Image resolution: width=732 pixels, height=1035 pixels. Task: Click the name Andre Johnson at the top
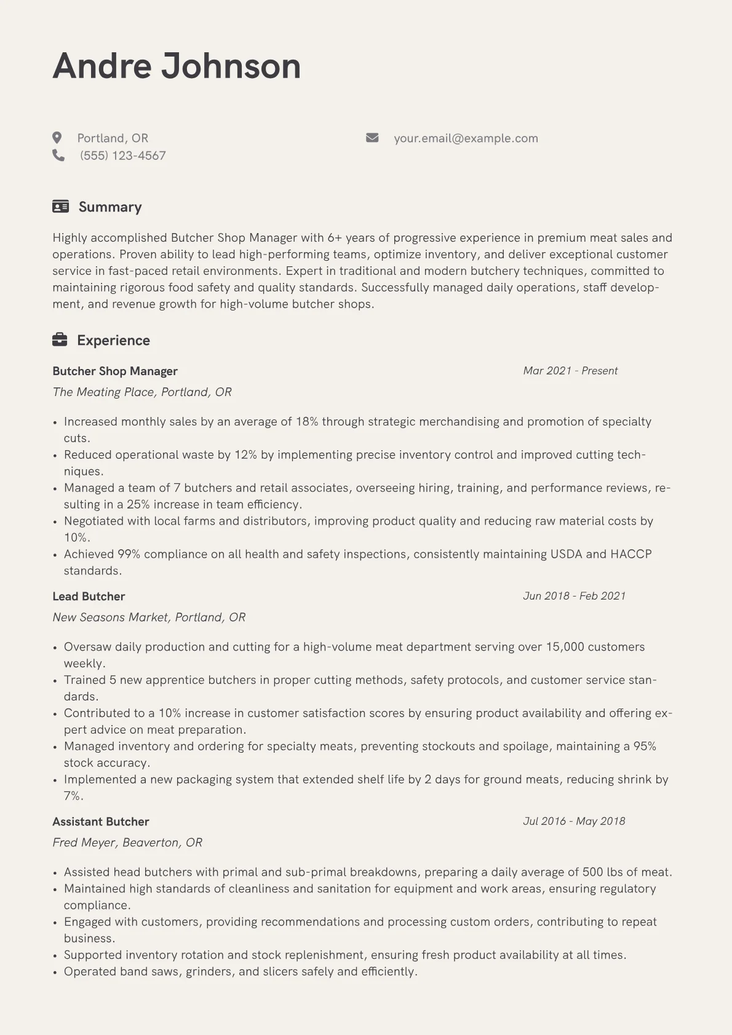[x=177, y=66]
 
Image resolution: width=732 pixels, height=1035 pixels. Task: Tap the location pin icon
[x=57, y=138]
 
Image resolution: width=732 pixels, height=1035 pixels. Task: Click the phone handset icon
[x=58, y=156]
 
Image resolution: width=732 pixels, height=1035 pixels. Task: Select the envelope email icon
[x=372, y=138]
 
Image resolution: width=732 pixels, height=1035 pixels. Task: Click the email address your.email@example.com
[x=466, y=138]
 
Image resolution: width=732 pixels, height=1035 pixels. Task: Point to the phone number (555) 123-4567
[x=123, y=156]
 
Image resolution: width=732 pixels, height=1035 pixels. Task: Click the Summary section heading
[x=110, y=207]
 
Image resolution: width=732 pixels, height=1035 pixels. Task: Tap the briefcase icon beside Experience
[x=60, y=339]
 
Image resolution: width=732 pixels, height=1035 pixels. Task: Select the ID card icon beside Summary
[x=60, y=207]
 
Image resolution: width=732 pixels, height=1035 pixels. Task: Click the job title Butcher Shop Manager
[x=115, y=371]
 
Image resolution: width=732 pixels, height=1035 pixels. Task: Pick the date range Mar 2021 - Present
[x=570, y=371]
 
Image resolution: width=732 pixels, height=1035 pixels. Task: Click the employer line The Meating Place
[x=142, y=392]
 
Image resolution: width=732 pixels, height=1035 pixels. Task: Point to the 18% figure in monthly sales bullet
[x=307, y=422]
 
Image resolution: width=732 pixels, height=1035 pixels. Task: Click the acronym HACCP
[x=631, y=554]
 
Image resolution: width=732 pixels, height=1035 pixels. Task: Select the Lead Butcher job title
[x=89, y=596]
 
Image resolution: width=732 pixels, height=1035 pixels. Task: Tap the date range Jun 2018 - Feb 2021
[x=574, y=596]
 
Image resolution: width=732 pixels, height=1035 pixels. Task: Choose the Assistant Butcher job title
[x=101, y=822]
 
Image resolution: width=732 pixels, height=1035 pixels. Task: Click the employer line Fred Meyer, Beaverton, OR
[x=127, y=843]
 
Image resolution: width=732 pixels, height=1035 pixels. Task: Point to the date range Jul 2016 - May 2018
[x=574, y=821]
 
